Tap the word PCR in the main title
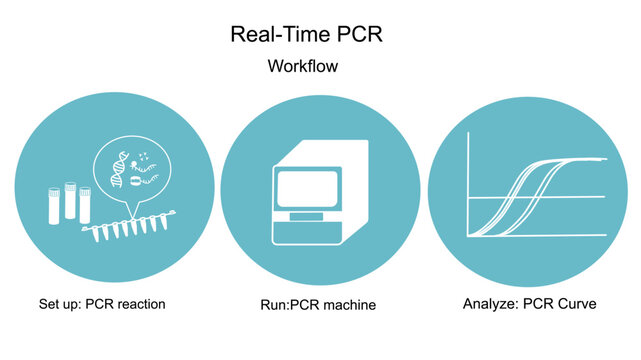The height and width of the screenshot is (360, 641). (354, 34)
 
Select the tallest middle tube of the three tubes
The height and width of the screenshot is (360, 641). (71, 199)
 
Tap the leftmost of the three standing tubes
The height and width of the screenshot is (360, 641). (53, 204)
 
